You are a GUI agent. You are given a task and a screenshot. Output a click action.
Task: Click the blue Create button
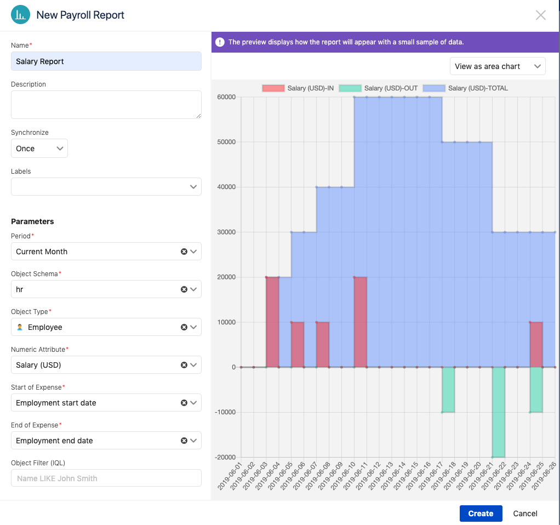(x=481, y=513)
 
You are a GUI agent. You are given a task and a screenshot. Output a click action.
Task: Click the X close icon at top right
(x=541, y=15)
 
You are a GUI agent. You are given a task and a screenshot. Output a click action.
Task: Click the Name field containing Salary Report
(x=106, y=61)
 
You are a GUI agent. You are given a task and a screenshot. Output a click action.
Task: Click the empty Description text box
(x=106, y=104)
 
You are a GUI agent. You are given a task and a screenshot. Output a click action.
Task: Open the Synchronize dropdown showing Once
(x=39, y=149)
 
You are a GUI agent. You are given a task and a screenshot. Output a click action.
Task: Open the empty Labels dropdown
(x=106, y=187)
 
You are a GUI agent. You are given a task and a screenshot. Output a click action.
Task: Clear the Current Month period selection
(x=184, y=252)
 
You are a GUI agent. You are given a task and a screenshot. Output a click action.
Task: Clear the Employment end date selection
(x=184, y=441)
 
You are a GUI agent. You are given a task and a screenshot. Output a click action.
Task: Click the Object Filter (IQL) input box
(x=106, y=478)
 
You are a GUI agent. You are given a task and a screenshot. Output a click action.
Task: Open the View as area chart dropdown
(x=497, y=66)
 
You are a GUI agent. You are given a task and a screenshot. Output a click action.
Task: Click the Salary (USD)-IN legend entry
(x=298, y=88)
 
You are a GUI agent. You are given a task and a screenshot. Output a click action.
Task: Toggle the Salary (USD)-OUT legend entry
(x=379, y=88)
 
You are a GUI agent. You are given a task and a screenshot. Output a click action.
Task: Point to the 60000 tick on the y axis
(x=226, y=98)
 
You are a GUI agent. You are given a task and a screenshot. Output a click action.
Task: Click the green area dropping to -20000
(x=498, y=416)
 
